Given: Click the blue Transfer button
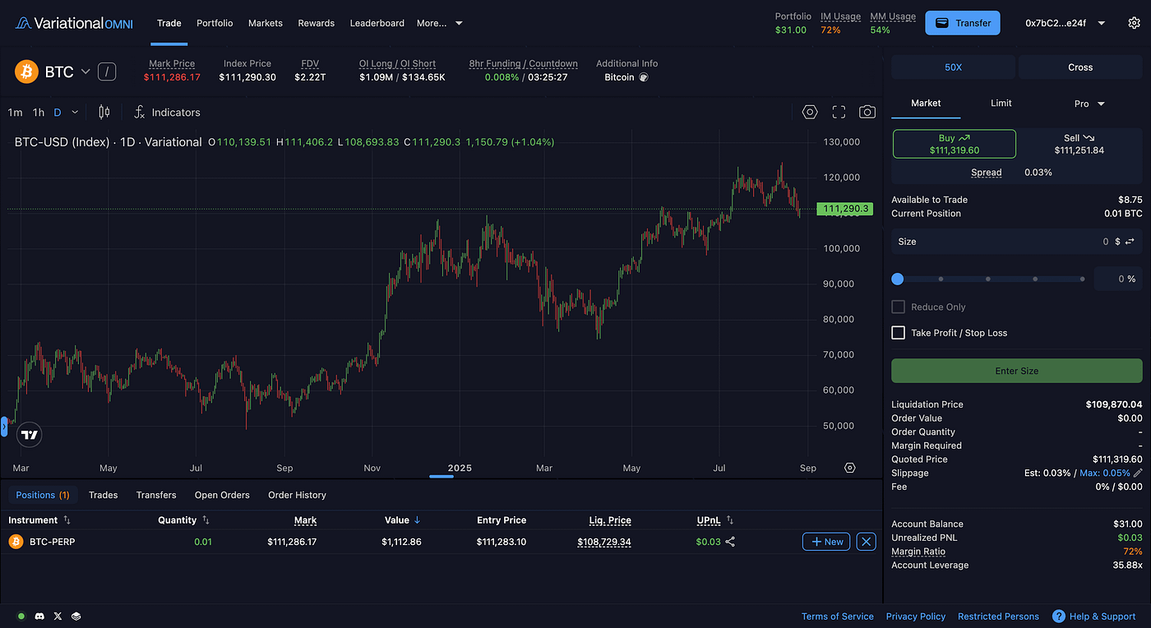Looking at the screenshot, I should pyautogui.click(x=962, y=23).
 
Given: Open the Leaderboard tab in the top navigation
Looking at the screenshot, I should pyautogui.click(x=377, y=23).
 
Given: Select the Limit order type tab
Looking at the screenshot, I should pyautogui.click(x=1001, y=103).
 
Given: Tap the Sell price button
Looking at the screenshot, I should pyautogui.click(x=1079, y=144).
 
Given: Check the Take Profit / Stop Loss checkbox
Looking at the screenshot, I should pyautogui.click(x=898, y=333).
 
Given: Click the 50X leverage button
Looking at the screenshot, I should pyautogui.click(x=953, y=67).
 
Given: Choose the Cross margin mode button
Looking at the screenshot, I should pyautogui.click(x=1079, y=67).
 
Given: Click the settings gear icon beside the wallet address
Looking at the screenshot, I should pyautogui.click(x=1134, y=23).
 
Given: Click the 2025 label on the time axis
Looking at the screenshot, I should pyautogui.click(x=460, y=468).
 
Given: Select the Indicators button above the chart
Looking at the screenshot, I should pyautogui.click(x=167, y=113).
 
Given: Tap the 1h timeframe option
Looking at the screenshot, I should pyautogui.click(x=39, y=113).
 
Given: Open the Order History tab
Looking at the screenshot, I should pyautogui.click(x=297, y=495).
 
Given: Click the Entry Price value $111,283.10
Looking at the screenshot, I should pyautogui.click(x=501, y=542).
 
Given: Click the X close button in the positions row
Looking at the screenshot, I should pyautogui.click(x=866, y=542).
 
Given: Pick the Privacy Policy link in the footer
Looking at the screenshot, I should pyautogui.click(x=915, y=616).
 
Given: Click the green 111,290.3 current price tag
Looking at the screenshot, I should pyautogui.click(x=844, y=209).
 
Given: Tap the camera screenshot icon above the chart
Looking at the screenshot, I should pyautogui.click(x=867, y=113).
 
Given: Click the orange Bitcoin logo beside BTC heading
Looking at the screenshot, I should pyautogui.click(x=27, y=72).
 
